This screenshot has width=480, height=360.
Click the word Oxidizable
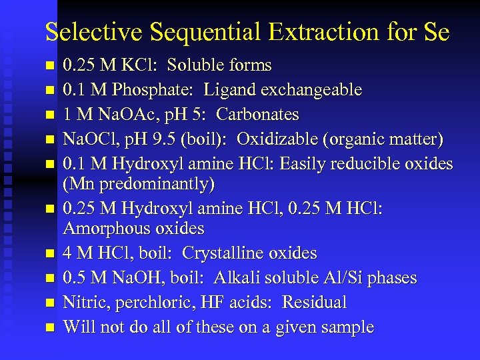point(279,139)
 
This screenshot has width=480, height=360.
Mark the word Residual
point(314,303)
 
